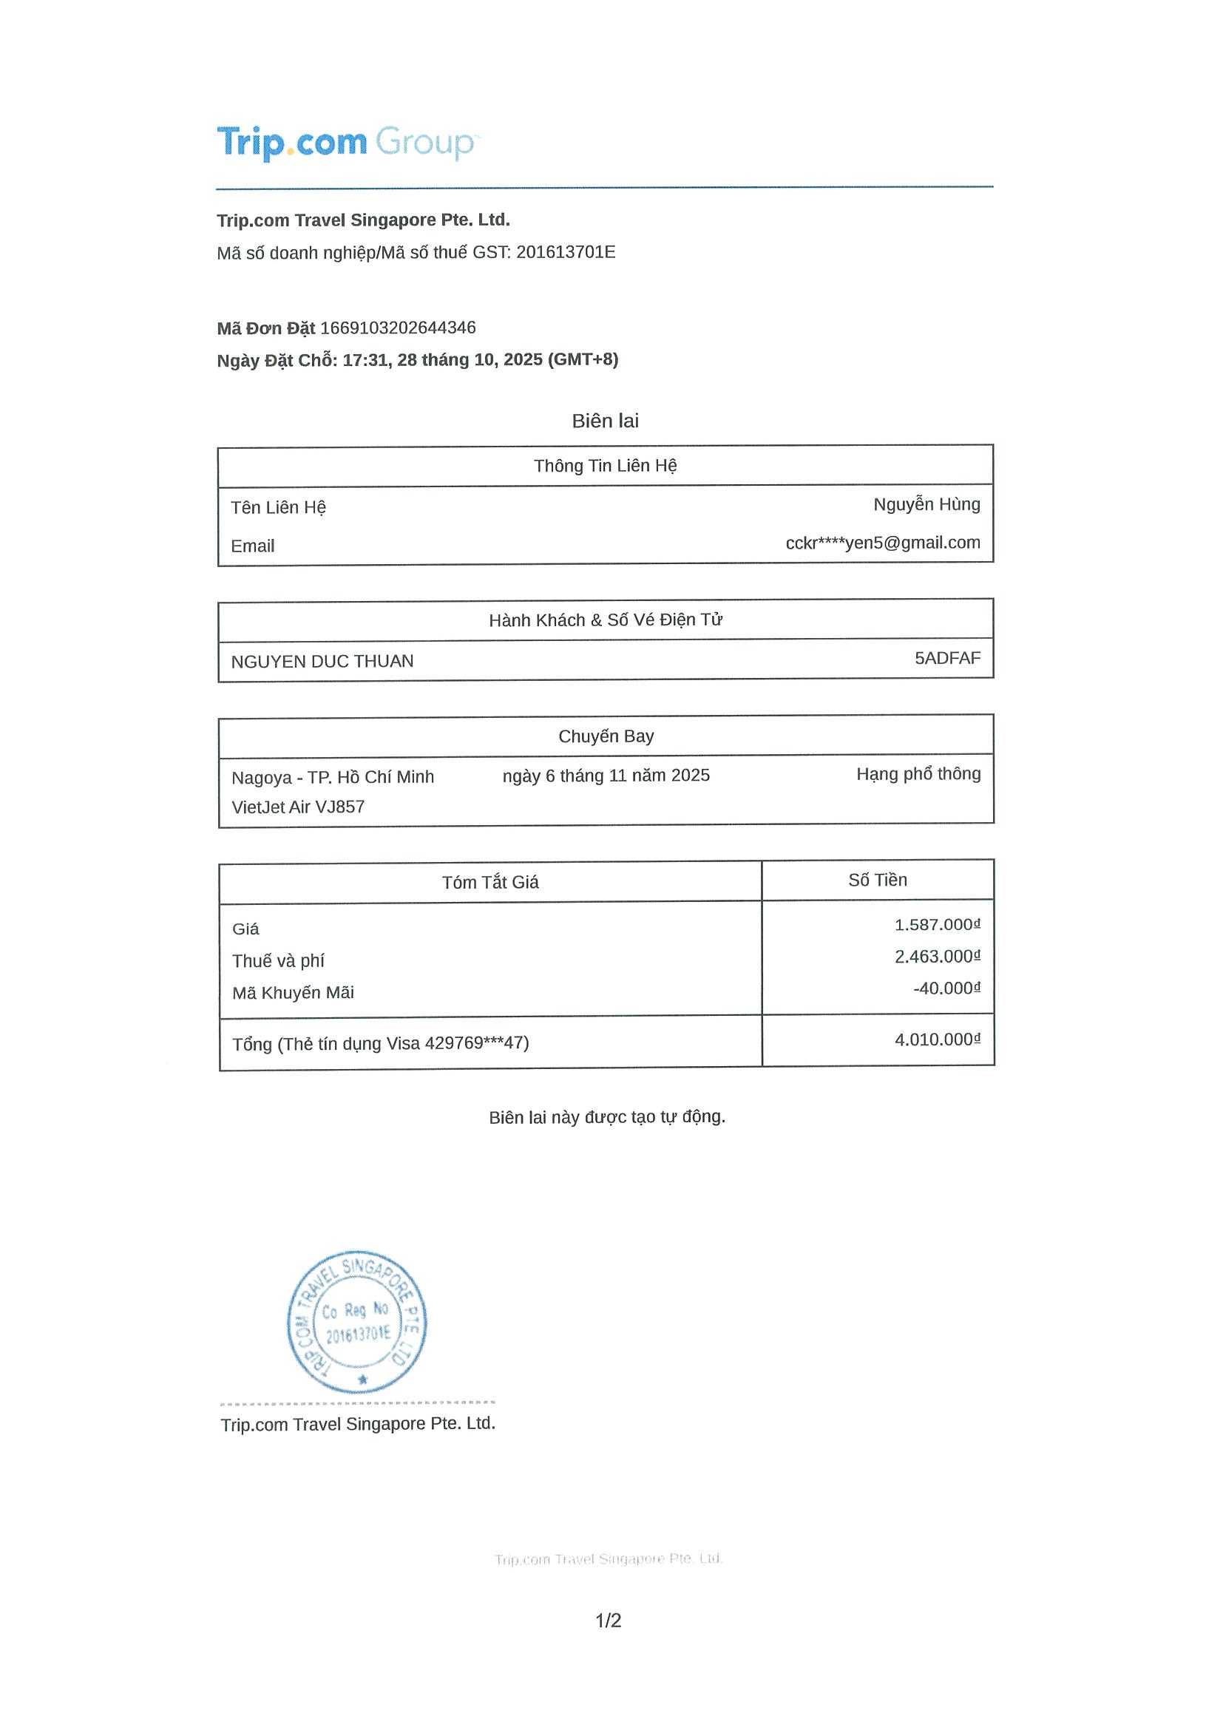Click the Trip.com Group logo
pyautogui.click(x=347, y=143)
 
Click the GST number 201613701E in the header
pyautogui.click(x=565, y=252)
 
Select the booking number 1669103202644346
pyautogui.click(x=398, y=328)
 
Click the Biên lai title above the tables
pyautogui.click(x=605, y=421)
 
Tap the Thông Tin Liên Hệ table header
pyautogui.click(x=605, y=466)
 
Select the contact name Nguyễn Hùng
pyautogui.click(x=926, y=504)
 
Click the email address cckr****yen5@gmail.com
pyautogui.click(x=882, y=543)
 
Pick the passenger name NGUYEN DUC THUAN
pyautogui.click(x=322, y=662)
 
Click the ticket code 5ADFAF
pyautogui.click(x=947, y=658)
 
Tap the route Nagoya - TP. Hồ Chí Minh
pyautogui.click(x=332, y=777)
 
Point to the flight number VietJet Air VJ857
pyautogui.click(x=298, y=807)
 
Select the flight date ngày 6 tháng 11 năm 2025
pyautogui.click(x=606, y=776)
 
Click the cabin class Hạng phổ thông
pyautogui.click(x=918, y=774)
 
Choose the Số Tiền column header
pyautogui.click(x=877, y=880)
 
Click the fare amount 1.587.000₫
pyautogui.click(x=937, y=925)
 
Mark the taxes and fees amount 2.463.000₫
pyautogui.click(x=937, y=956)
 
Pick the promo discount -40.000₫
pyautogui.click(x=946, y=988)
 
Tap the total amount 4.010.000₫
pyautogui.click(x=937, y=1039)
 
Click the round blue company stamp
pyautogui.click(x=357, y=1323)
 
